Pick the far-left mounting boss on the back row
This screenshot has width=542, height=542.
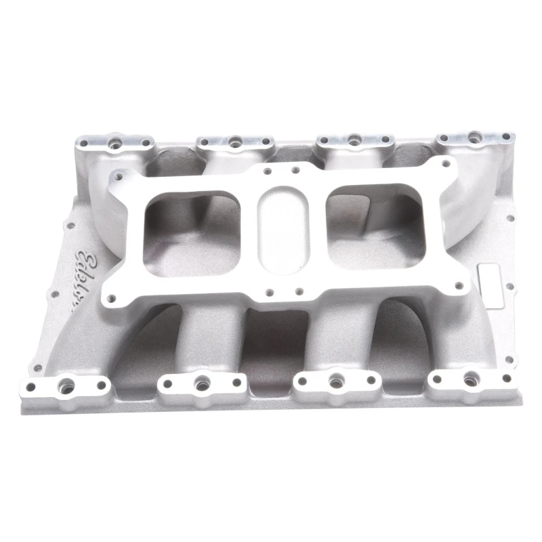click(x=111, y=144)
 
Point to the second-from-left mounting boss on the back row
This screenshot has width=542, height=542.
click(x=234, y=142)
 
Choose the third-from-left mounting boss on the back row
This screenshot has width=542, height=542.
click(x=354, y=142)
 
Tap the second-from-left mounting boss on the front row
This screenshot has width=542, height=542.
click(x=200, y=383)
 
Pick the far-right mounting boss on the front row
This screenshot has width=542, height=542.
click(x=468, y=379)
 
